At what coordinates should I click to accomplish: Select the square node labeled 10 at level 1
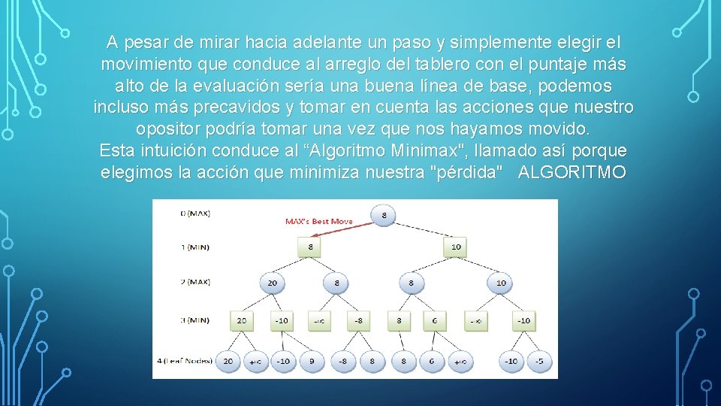[x=456, y=246]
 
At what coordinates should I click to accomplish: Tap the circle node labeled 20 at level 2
[x=271, y=283]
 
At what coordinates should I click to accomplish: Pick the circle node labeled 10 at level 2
[x=500, y=283]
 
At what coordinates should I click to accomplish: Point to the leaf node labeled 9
[x=312, y=361]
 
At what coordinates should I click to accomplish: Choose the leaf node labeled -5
[x=538, y=361]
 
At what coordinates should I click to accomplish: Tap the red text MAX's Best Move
[x=318, y=221]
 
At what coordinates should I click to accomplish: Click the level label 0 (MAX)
[x=195, y=213]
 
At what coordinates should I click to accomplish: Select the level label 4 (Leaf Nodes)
[x=185, y=361]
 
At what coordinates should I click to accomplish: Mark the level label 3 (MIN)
[x=194, y=320]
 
